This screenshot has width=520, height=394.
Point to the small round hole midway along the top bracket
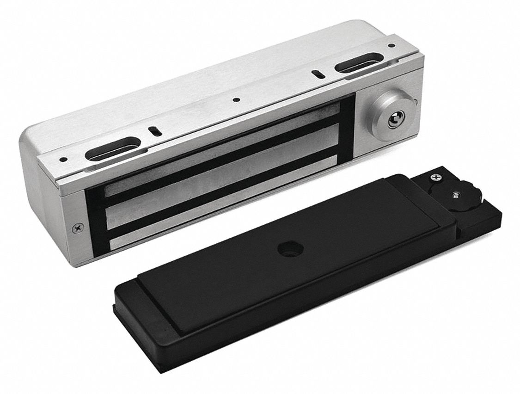236,99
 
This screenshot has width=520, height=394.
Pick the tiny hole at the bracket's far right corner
392,46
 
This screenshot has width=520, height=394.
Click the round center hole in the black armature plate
283,250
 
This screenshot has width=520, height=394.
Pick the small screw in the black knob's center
456,194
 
